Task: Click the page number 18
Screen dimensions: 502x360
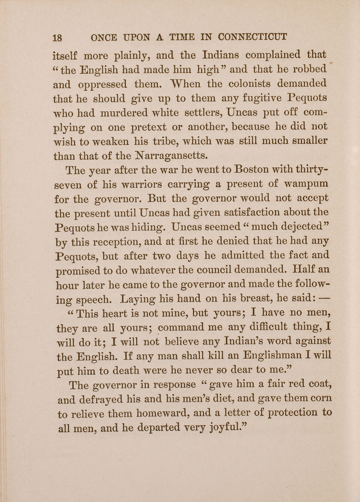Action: [57, 38]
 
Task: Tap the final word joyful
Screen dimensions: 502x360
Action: [223, 428]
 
